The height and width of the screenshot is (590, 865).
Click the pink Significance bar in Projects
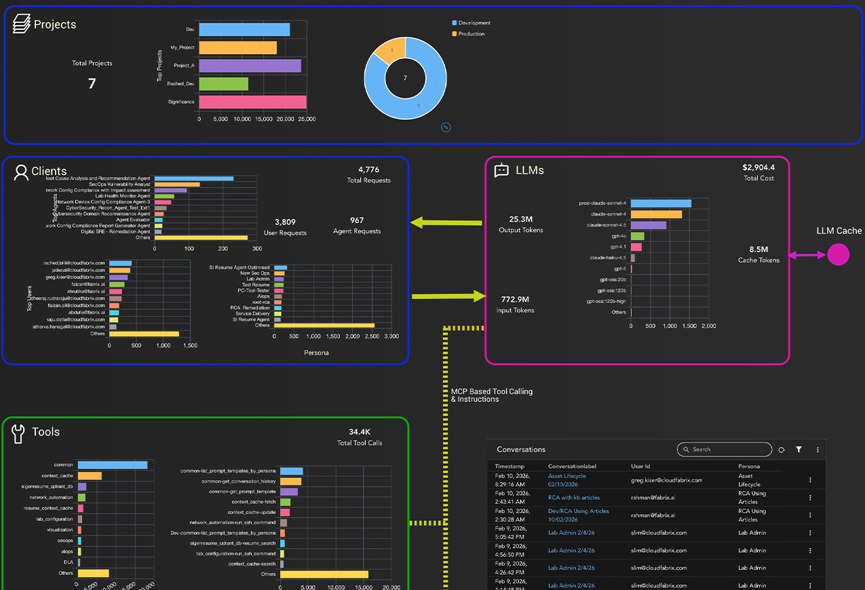[252, 102]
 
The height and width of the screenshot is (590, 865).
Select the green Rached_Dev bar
[223, 84]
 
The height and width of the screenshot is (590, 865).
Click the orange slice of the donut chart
[391, 49]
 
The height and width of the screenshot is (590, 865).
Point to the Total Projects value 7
[92, 83]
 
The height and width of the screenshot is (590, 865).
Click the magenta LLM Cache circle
[839, 255]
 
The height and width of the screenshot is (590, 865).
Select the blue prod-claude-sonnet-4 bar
[661, 203]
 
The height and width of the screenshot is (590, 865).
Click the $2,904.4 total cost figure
[758, 167]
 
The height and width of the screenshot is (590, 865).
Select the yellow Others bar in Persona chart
[324, 326]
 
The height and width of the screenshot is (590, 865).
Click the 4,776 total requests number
[368, 170]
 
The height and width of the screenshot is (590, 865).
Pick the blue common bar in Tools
[112, 465]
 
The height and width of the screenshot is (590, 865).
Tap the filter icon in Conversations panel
[799, 450]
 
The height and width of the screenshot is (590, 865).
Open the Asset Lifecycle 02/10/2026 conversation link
[566, 480]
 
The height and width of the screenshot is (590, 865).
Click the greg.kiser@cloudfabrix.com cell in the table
[666, 480]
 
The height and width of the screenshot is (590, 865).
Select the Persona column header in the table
[749, 467]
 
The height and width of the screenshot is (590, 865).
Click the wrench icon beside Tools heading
[18, 433]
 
